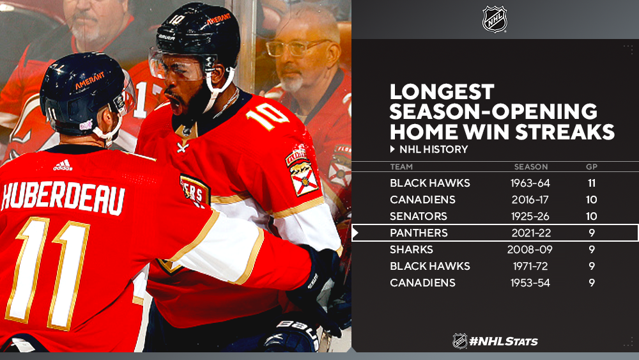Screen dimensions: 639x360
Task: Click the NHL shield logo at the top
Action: pyautogui.click(x=495, y=19)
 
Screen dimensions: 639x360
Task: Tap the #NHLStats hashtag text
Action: pyautogui.click(x=504, y=341)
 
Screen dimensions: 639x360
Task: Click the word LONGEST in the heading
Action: pyautogui.click(x=442, y=92)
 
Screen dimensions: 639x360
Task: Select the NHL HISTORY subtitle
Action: pyautogui.click(x=434, y=149)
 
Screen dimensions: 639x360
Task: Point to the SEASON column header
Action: pyautogui.click(x=531, y=167)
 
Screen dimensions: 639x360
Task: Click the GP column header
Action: pyautogui.click(x=592, y=167)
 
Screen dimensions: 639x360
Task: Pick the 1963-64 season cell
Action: pyautogui.click(x=530, y=183)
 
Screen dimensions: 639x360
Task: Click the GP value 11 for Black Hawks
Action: pyautogui.click(x=592, y=183)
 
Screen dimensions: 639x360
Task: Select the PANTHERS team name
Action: pyautogui.click(x=419, y=233)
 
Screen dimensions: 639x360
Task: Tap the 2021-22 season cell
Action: pyautogui.click(x=531, y=233)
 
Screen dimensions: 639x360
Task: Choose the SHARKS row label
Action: pyautogui.click(x=411, y=249)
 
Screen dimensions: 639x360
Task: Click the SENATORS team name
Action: pyautogui.click(x=418, y=216)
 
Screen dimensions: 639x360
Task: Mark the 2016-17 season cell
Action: pyautogui.click(x=530, y=200)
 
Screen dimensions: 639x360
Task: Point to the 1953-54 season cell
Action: pyautogui.click(x=530, y=283)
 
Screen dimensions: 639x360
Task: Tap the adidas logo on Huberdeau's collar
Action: pyautogui.click(x=63, y=166)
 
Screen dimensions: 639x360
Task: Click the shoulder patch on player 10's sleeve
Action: pyautogui.click(x=302, y=171)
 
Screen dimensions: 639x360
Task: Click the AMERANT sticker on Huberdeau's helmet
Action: pyautogui.click(x=89, y=81)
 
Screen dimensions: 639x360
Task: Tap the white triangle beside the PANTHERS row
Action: pyautogui.click(x=355, y=233)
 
